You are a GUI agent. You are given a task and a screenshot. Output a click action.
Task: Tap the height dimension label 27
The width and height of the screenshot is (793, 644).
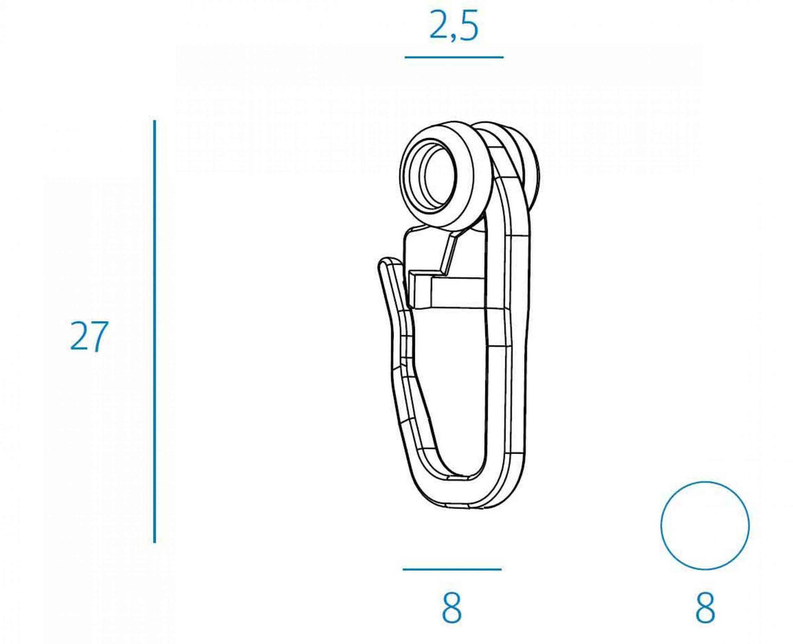coord(89,337)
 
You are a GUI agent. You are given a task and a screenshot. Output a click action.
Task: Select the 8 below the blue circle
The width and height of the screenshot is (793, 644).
coord(704,608)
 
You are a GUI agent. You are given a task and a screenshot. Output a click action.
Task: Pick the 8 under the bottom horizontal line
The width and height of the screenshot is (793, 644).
coord(451,608)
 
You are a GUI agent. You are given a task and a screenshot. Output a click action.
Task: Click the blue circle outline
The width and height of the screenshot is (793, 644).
coord(661,525)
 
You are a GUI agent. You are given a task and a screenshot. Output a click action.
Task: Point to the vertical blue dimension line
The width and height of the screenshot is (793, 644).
coord(155,332)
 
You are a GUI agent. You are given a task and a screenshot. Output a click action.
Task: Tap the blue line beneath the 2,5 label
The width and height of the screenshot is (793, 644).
coord(454,57)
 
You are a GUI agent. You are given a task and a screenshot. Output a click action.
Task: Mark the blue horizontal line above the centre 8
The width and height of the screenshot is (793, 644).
coord(452,569)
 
